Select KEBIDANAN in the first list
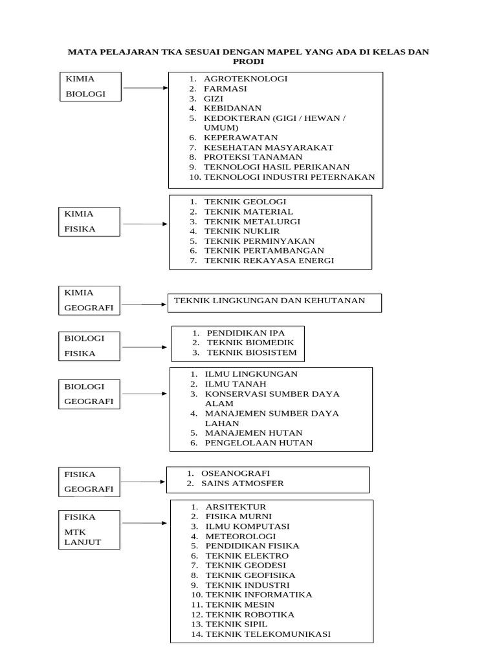point(232,108)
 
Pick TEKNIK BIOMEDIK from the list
point(250,343)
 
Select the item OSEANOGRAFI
point(236,473)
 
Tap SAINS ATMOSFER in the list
point(243,484)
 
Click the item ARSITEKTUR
point(236,507)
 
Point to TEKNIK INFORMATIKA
point(259,595)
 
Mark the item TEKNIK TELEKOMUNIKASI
point(268,634)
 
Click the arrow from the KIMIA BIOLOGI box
point(145,87)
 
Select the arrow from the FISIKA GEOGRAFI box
point(144,482)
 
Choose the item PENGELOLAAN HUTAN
point(259,443)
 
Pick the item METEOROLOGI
point(241,536)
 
